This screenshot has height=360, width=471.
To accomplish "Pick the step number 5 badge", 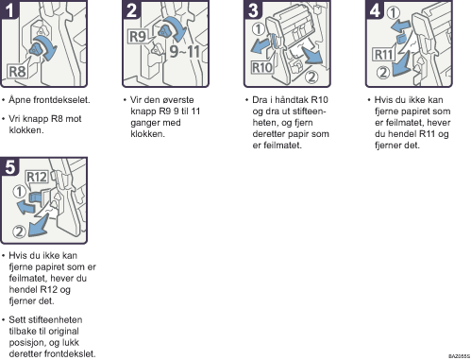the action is (x=9, y=166).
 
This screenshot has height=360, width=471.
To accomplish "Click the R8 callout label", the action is (x=17, y=72).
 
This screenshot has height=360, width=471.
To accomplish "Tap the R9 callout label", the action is (x=138, y=36).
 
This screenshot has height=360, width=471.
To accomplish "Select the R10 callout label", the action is (x=261, y=67).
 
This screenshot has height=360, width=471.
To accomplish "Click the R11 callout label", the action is (x=383, y=55).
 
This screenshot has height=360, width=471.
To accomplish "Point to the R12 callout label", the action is (x=37, y=177).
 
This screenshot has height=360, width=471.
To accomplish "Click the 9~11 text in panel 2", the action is (x=185, y=51).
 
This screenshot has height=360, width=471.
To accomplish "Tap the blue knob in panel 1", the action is (x=36, y=49).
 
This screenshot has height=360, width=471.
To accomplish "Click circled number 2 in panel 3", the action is (x=311, y=77).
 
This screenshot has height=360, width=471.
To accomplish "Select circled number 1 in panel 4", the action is (x=393, y=13).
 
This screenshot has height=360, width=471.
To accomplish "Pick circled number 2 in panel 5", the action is (x=19, y=231).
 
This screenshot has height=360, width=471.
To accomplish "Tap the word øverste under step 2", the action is (x=177, y=100).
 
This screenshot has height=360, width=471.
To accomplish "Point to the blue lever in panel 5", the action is (x=35, y=197).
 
